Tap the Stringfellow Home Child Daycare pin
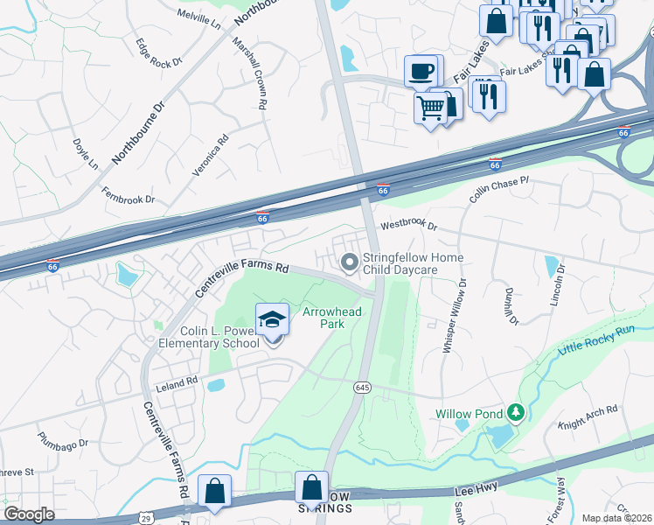350,262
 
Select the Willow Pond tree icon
516,411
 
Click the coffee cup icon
421,71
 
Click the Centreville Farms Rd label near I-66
241,279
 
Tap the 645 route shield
360,387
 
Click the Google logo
29,514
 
